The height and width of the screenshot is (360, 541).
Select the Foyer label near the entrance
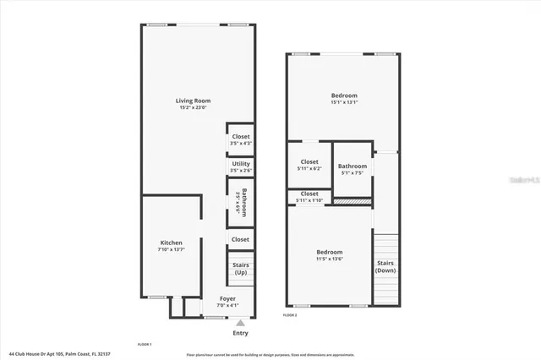(227, 298)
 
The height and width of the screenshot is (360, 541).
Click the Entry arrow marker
(241, 322)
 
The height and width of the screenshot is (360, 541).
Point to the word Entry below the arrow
(241, 333)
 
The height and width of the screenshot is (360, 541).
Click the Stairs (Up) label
(241, 269)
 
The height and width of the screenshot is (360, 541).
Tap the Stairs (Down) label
(385, 268)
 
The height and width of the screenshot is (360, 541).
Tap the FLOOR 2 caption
(289, 314)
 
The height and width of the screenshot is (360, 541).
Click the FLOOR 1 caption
(144, 345)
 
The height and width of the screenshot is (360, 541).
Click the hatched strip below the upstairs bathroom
(352, 201)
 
